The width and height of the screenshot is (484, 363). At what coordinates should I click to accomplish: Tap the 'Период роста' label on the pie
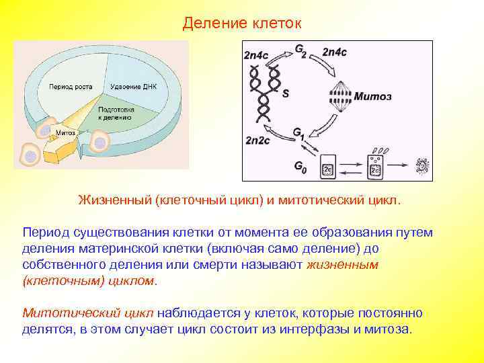click(x=70, y=87)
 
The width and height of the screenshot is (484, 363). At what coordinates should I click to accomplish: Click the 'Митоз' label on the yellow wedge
click(x=65, y=132)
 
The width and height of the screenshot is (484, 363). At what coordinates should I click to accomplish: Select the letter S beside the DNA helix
click(x=285, y=94)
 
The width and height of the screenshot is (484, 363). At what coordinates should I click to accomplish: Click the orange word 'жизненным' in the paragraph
click(x=342, y=265)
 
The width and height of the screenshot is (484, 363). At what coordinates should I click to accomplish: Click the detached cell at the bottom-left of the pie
click(x=30, y=155)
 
